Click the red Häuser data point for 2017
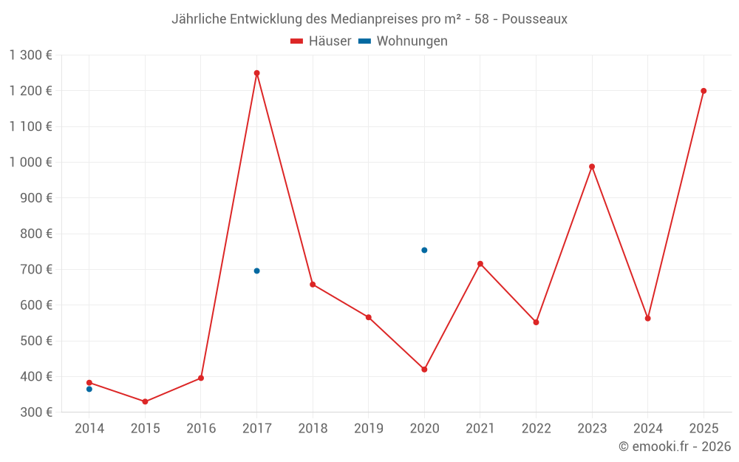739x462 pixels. coord(256,73)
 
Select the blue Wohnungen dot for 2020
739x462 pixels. coord(424,250)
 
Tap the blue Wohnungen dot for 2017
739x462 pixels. coord(256,271)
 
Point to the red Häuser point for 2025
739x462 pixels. coord(704,91)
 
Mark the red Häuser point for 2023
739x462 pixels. coord(592,166)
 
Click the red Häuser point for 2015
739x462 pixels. coord(145,401)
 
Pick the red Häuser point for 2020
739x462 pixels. coord(424,369)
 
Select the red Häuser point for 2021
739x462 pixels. coord(480,264)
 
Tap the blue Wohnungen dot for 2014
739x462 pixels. coord(89,389)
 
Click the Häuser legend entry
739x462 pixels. coord(321,41)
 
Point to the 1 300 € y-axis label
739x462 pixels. coord(30,55)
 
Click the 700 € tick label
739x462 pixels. coord(38,270)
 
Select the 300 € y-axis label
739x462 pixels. coord(38,412)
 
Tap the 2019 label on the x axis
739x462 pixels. coord(368,429)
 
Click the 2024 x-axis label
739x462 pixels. coord(647,429)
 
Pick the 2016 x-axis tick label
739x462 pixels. coord(201,429)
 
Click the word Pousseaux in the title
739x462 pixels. coord(534,19)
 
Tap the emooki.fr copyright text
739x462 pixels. coord(675,446)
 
